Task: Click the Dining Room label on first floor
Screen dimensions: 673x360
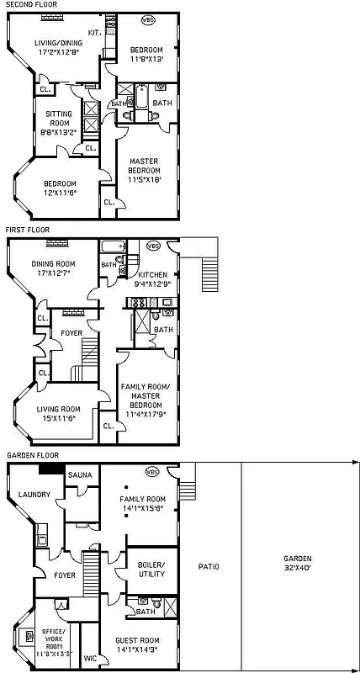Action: point(54,268)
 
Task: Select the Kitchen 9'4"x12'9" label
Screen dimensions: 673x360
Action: point(152,279)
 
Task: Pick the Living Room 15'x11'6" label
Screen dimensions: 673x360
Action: point(63,413)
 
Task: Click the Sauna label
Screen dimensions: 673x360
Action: point(80,475)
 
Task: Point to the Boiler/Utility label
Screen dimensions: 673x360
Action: point(151,569)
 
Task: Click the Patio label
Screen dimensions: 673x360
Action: point(209,566)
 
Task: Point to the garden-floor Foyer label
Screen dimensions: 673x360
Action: point(64,575)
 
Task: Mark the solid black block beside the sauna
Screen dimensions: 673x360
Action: point(51,469)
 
